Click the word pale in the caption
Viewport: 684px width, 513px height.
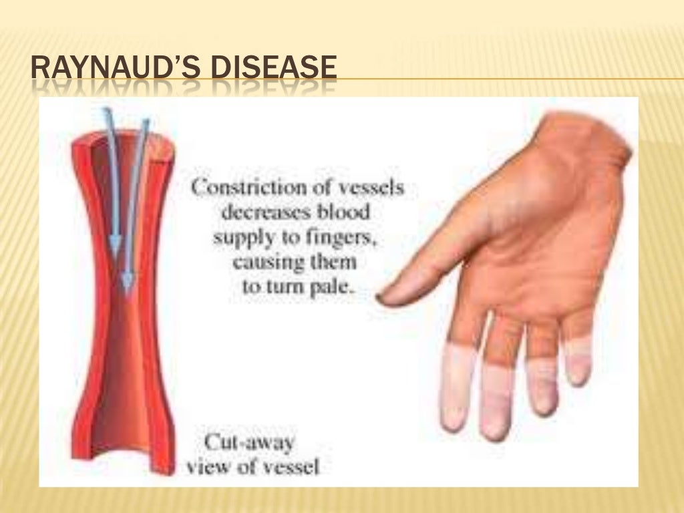(330, 289)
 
